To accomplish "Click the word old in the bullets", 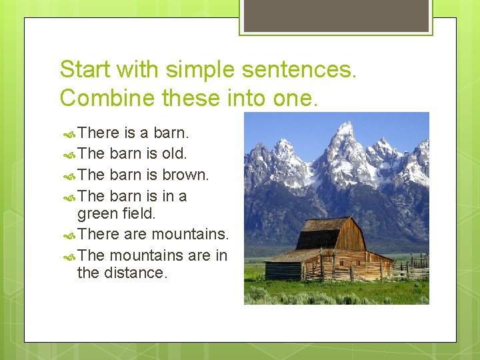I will coord(175,153).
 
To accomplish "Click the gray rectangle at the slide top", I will coord(335,15).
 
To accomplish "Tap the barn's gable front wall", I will coord(351,236).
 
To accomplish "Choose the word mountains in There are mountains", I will coord(190,235).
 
